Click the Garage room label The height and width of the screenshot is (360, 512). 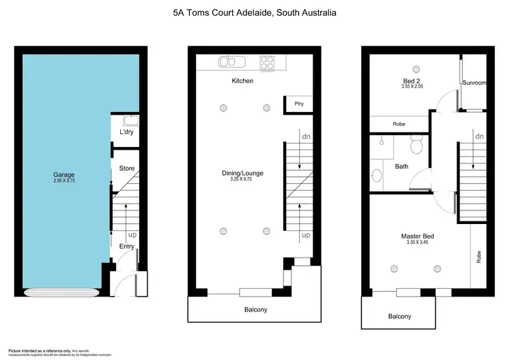(64, 175)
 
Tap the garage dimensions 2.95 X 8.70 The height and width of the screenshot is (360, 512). (64, 181)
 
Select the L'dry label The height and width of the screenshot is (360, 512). (126, 132)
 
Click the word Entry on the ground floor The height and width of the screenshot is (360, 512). (126, 247)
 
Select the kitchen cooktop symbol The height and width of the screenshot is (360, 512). (267, 63)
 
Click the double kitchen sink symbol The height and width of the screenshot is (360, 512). (230, 63)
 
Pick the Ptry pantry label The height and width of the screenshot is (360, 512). (298, 105)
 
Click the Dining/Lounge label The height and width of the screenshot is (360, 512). (242, 174)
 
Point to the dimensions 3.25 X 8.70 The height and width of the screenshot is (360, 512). (242, 180)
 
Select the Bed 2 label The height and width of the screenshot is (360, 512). (412, 81)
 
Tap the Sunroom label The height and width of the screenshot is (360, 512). (474, 83)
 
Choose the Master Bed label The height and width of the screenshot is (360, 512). (417, 236)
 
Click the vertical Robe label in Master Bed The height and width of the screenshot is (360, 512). (479, 257)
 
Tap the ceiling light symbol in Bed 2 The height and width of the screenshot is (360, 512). (416, 68)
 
